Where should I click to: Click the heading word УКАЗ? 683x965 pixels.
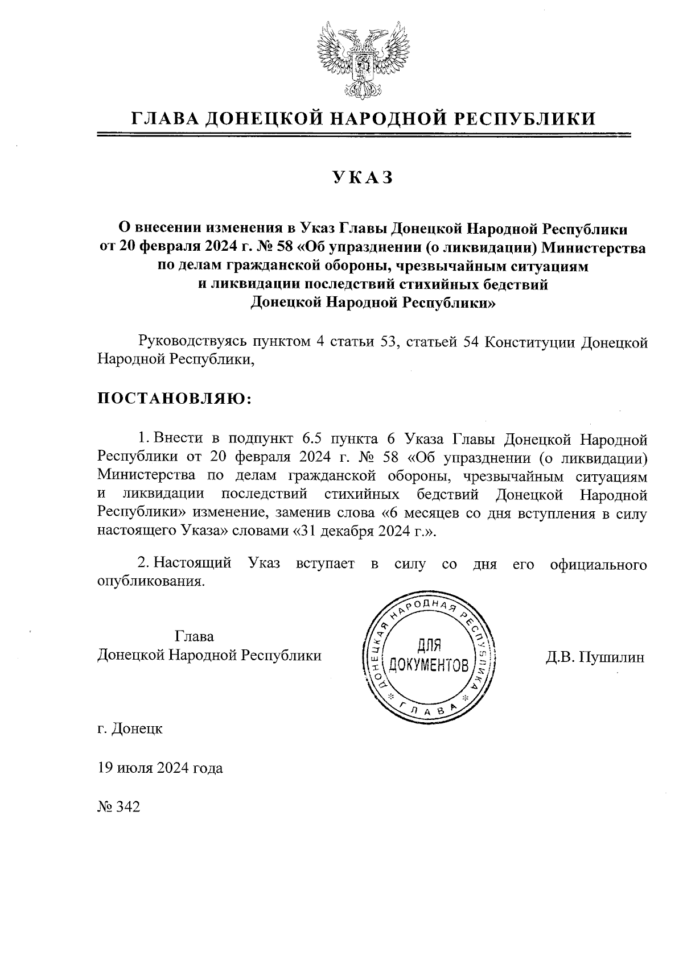coord(364,178)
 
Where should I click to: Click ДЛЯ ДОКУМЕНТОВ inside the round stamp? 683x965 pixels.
coord(430,655)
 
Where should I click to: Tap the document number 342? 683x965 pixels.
coord(127,807)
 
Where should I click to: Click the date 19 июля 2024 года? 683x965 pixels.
coord(160,768)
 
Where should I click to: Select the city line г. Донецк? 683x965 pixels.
coord(130,728)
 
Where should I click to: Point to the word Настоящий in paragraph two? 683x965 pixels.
coord(193,564)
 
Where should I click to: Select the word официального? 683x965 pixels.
coord(598,564)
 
